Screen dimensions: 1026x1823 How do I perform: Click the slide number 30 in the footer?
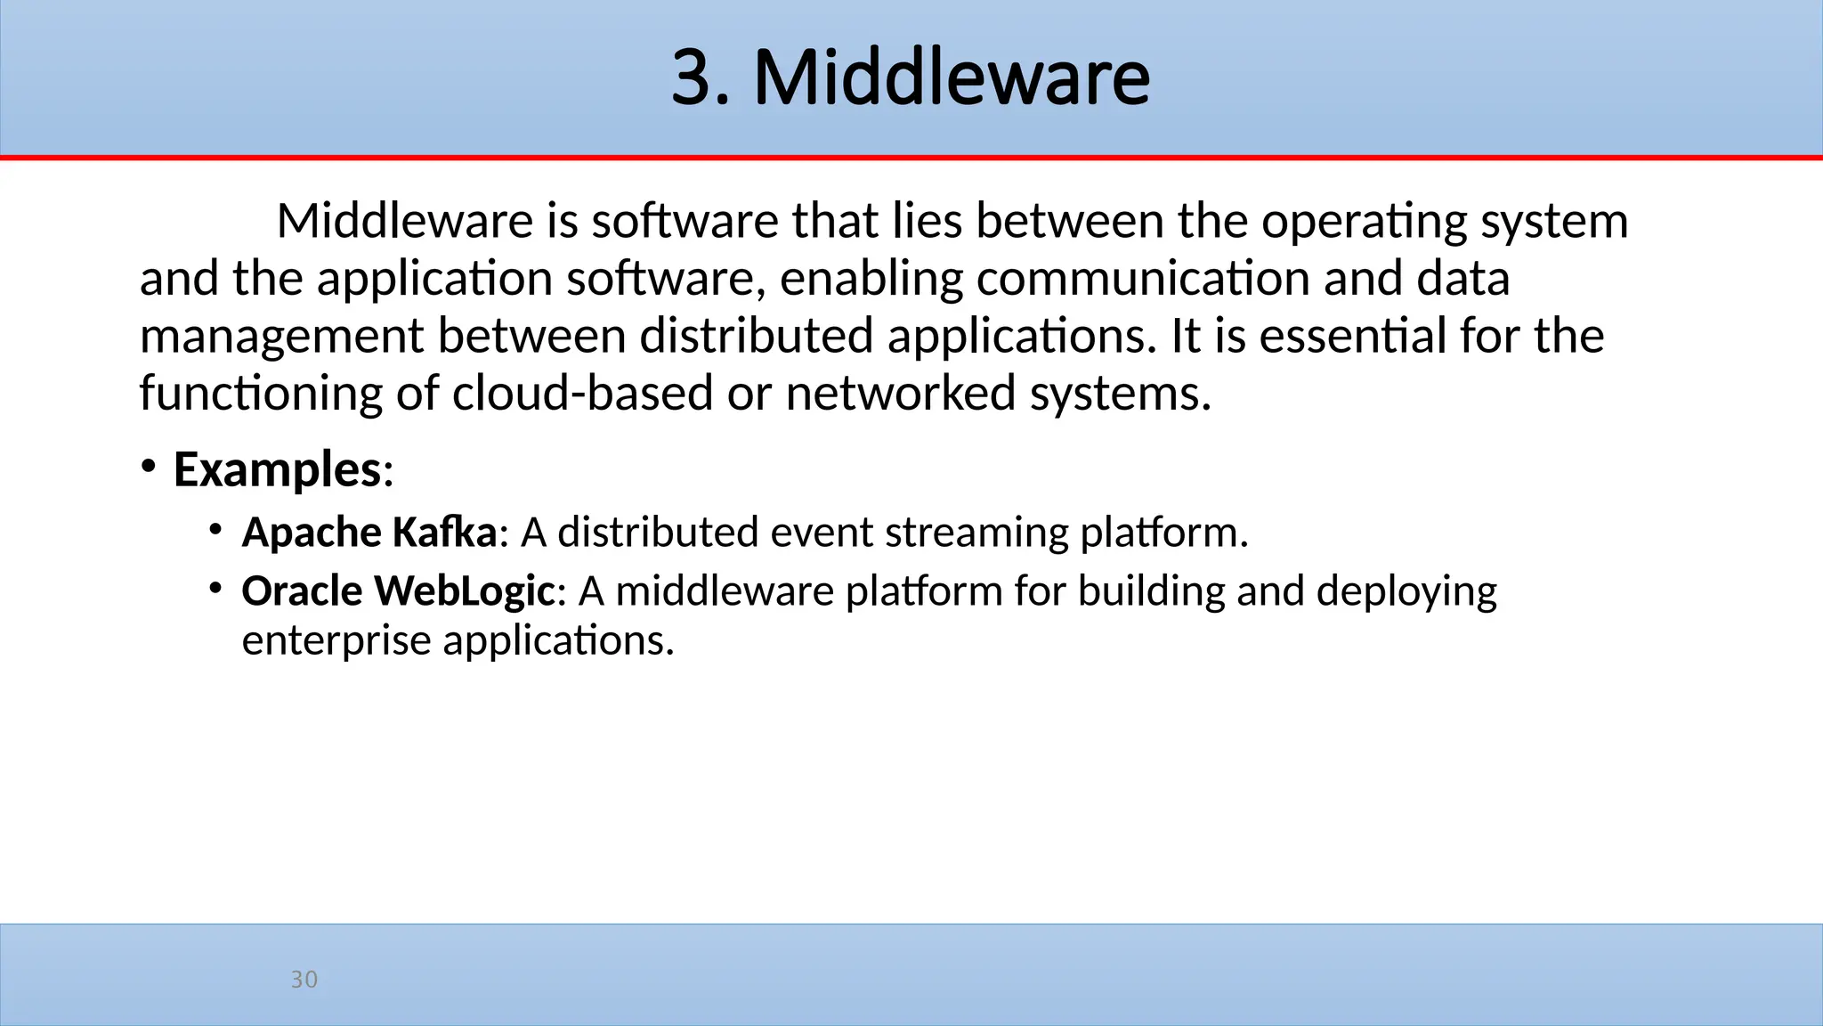[304, 979]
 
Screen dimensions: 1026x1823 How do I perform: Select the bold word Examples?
[277, 469]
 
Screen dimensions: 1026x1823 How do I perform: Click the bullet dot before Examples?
[148, 466]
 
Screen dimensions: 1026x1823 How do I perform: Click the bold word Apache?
[312, 533]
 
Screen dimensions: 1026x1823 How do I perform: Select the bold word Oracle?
[302, 590]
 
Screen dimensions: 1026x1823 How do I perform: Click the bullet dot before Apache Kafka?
[215, 530]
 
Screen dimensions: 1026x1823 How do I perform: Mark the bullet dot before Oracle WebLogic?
[215, 588]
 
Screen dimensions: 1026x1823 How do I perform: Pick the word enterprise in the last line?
[336, 640]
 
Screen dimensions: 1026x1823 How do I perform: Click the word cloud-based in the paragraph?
[582, 393]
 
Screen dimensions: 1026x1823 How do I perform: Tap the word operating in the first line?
[1364, 221]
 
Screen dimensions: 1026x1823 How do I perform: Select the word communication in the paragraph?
[1143, 278]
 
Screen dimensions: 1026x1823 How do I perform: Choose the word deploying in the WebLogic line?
[1406, 591]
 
